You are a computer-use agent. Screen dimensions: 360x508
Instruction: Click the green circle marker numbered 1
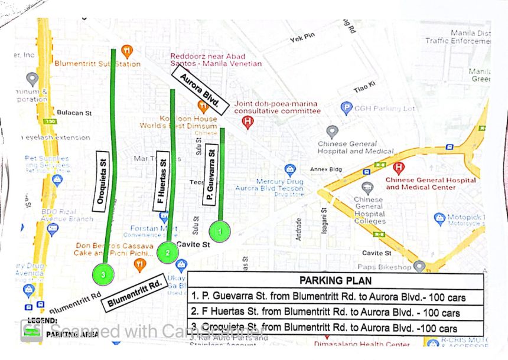(219, 231)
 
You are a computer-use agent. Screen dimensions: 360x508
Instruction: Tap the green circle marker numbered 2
(168, 252)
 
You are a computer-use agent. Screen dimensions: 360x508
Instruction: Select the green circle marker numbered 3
(103, 274)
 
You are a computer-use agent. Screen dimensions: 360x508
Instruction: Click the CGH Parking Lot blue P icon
(347, 108)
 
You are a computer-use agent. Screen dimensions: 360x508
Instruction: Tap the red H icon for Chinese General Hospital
(399, 168)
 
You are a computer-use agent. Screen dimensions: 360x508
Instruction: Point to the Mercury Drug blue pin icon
(289, 170)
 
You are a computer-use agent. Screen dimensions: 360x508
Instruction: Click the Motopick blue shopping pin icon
(439, 219)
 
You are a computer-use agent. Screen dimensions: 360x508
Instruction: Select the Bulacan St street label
(75, 112)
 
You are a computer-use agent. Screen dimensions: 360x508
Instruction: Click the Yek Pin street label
(302, 37)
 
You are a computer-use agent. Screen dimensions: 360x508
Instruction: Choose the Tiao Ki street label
(364, 87)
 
